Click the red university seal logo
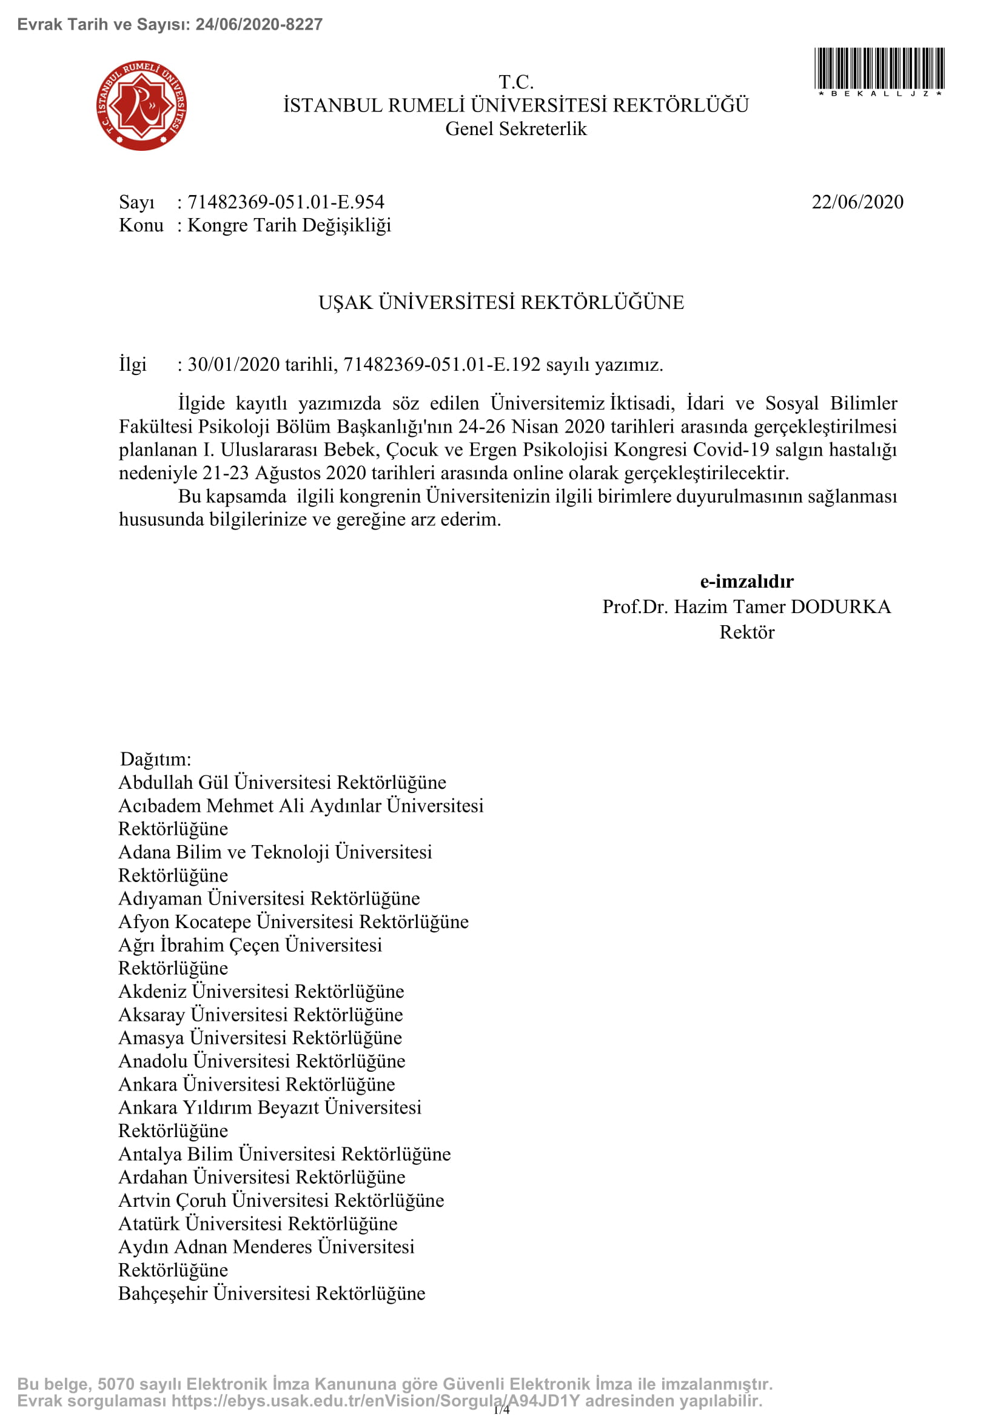tap(141, 105)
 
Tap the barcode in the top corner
tap(879, 68)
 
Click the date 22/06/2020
tap(857, 202)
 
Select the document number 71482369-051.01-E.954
tap(286, 202)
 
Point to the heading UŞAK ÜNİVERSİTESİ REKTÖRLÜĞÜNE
tap(501, 302)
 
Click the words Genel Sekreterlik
tap(515, 128)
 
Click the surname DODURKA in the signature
tap(840, 606)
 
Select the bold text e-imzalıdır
tap(746, 581)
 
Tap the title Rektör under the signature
tap(746, 632)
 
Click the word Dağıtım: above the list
tap(155, 758)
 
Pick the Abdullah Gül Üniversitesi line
tap(281, 782)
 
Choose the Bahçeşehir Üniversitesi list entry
tap(272, 1293)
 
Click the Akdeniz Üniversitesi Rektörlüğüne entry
tap(261, 991)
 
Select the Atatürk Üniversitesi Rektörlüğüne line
tap(258, 1223)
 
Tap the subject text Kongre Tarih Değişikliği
tap(289, 225)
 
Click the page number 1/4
tap(501, 1409)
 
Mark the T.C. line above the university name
tap(515, 81)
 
